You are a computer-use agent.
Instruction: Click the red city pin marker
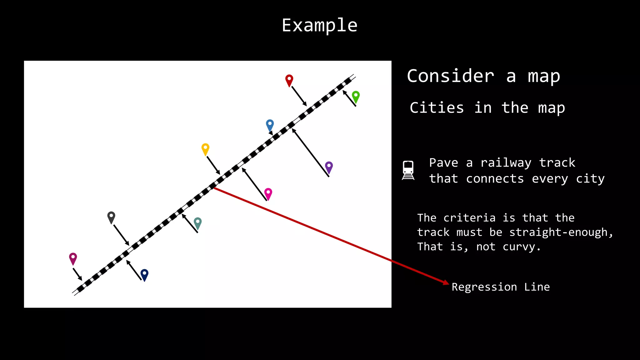pyautogui.click(x=289, y=80)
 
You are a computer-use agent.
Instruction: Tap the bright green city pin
pyautogui.click(x=356, y=96)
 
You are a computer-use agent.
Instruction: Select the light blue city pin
pyautogui.click(x=270, y=125)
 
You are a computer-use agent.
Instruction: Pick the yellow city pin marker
pyautogui.click(x=205, y=149)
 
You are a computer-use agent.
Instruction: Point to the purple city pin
pyautogui.click(x=329, y=167)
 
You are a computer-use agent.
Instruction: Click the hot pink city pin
pyautogui.click(x=268, y=193)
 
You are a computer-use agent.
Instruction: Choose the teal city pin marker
pyautogui.click(x=197, y=223)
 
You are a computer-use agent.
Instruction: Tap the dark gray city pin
pyautogui.click(x=111, y=217)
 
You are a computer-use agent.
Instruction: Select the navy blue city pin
pyautogui.click(x=144, y=274)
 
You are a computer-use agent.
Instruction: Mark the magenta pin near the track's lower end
pyautogui.click(x=73, y=258)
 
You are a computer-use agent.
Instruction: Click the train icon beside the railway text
pyautogui.click(x=408, y=170)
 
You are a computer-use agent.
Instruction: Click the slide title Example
pyautogui.click(x=319, y=25)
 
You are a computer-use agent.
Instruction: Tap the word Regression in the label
pyautogui.click(x=484, y=287)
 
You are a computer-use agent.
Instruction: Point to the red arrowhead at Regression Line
pyautogui.click(x=446, y=282)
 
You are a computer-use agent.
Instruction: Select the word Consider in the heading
pyautogui.click(x=450, y=76)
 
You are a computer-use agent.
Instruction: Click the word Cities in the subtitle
pyautogui.click(x=437, y=108)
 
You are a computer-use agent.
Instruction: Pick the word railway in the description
pyautogui.click(x=506, y=163)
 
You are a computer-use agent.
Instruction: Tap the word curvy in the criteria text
pyautogui.click(x=521, y=247)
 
